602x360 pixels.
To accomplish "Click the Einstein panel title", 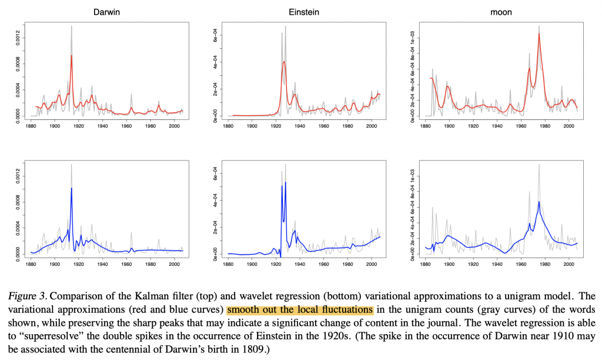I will (304, 12).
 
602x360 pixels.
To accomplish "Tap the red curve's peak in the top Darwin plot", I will (72, 55).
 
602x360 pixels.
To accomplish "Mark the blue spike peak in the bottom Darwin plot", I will (72, 188).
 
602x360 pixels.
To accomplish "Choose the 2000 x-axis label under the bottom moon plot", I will (568, 264).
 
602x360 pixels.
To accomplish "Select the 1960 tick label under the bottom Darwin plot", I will (126, 264).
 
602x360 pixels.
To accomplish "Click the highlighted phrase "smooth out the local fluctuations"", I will (300, 309).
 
